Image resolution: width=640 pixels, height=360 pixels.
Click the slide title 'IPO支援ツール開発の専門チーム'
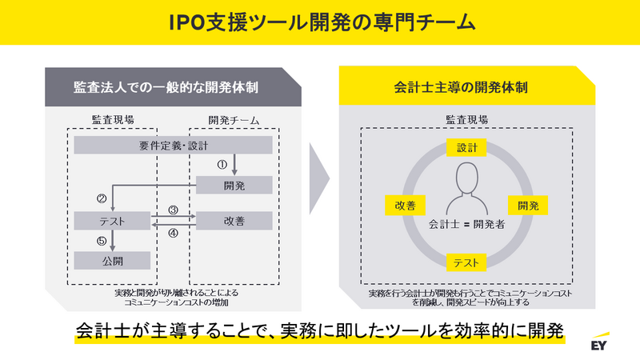coord(320,22)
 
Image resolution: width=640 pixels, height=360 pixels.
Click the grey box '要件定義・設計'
coord(174,145)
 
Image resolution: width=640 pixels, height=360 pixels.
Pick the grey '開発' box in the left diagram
coord(234,185)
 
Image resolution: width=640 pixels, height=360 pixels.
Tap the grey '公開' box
coord(112,260)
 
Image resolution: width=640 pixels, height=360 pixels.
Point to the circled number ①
coord(223,164)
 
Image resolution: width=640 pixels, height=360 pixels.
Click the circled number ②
coord(102,198)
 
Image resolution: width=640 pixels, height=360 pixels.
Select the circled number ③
coord(173,210)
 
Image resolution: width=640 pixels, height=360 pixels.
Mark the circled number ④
coord(173,234)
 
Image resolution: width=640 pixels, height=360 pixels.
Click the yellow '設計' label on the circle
coord(466,148)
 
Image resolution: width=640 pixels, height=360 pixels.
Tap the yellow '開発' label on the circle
coord(528,205)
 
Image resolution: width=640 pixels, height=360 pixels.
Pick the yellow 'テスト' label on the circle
coord(466,262)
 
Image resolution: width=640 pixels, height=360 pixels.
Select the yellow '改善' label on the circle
coord(405,205)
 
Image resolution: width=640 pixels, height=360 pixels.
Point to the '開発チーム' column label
coord(234,121)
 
